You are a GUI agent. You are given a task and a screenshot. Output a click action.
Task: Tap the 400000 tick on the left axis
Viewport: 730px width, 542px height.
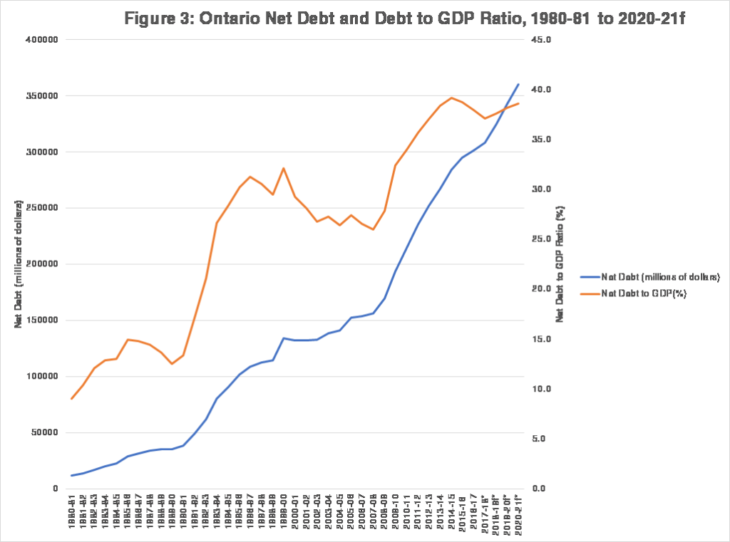tap(42, 40)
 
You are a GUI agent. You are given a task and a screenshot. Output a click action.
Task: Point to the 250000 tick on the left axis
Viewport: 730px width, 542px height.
tap(42, 208)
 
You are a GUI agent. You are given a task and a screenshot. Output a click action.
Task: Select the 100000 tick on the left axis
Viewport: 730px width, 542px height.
tap(42, 376)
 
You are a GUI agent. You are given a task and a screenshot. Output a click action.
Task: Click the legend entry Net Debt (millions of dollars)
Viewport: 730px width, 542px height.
tap(660, 277)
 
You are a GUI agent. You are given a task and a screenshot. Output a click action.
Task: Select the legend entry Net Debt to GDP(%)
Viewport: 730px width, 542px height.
tap(644, 293)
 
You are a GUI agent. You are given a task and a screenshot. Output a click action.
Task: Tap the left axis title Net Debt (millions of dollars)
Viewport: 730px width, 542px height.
tap(19, 264)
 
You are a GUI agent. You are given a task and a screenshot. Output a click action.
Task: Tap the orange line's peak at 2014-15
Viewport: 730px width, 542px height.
tap(451, 98)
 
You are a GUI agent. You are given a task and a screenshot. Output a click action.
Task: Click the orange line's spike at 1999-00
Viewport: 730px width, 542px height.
tap(284, 168)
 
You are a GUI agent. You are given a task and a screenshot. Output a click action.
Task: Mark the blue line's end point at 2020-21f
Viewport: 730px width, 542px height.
tap(518, 84)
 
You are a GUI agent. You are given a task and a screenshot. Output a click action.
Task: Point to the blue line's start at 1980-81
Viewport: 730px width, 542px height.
tap(71, 476)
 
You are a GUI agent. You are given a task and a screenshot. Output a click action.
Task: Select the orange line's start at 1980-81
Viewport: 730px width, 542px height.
tap(71, 399)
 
